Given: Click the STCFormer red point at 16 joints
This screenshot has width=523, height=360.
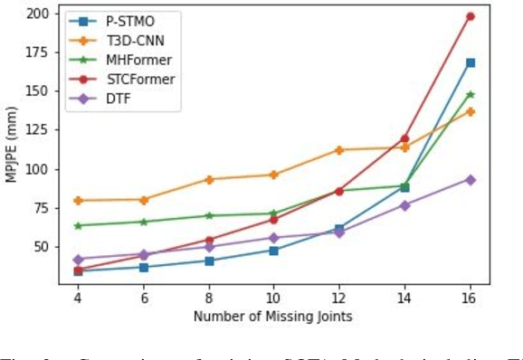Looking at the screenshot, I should [471, 16].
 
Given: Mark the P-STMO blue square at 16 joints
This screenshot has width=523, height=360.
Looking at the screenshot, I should [471, 62].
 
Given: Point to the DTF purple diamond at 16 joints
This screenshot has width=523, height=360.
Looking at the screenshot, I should [471, 179].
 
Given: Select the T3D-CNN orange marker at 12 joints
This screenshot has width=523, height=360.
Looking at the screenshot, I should [339, 150].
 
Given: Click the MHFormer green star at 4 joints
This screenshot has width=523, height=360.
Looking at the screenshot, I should [78, 225].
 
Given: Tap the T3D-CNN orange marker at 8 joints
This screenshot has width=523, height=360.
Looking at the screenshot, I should [209, 179].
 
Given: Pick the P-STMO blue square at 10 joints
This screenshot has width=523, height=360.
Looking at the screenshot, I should [274, 250].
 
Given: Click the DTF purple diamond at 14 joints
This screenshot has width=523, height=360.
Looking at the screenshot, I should [404, 205].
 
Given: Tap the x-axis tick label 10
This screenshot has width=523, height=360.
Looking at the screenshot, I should [274, 297].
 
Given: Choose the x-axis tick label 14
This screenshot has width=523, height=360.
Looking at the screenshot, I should [404, 297].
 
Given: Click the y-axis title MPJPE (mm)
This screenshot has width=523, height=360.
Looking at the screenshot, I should [13, 147].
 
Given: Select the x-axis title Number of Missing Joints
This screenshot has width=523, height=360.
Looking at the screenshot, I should [273, 316].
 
